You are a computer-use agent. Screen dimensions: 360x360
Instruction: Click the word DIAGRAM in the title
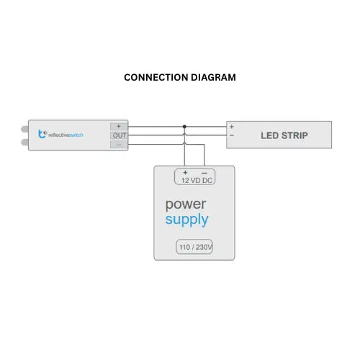tap(212, 77)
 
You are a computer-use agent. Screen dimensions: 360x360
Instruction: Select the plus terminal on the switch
tap(118, 126)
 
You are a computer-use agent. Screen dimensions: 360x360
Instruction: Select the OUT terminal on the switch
tap(118, 135)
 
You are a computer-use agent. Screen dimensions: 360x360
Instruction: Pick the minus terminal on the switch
tap(118, 144)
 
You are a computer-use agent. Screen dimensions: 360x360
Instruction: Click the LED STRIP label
tap(284, 135)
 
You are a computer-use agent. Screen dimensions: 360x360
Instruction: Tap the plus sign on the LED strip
tap(232, 127)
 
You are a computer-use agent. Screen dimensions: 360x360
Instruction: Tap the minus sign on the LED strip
tap(232, 135)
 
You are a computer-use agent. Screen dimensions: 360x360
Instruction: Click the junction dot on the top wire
tap(184, 126)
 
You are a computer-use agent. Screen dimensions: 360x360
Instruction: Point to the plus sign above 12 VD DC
tap(185, 173)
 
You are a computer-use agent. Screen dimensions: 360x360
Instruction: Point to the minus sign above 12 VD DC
tap(204, 173)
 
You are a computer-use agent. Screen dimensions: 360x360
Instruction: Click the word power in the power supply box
tap(185, 204)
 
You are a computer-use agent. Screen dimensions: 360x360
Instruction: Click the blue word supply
tap(186, 220)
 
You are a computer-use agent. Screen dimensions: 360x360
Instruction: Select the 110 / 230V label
tap(194, 248)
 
